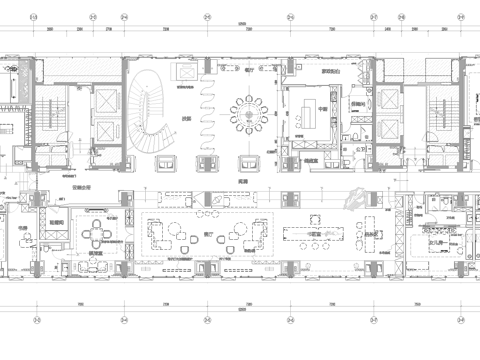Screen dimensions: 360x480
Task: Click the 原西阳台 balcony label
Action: coord(302,72)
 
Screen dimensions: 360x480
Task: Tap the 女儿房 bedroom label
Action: coord(437,241)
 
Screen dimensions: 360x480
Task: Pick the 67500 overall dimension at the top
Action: coord(240,23)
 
